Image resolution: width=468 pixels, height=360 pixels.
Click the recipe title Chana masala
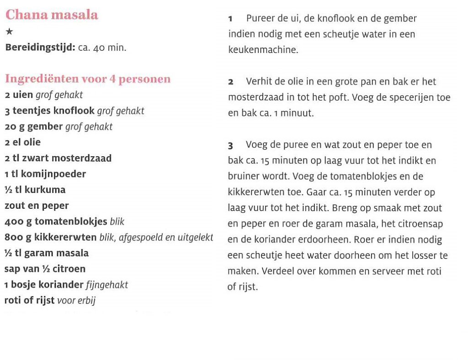52,15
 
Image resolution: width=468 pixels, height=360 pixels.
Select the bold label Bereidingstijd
40,48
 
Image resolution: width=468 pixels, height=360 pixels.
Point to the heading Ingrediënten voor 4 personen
88,79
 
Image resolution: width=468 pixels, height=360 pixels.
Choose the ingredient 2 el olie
22,142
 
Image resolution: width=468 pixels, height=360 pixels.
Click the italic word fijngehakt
107,285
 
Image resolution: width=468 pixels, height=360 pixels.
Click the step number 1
230,19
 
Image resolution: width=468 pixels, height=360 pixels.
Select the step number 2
231,82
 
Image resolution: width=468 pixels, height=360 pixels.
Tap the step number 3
231,146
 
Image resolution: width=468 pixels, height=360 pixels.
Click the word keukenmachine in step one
263,50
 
